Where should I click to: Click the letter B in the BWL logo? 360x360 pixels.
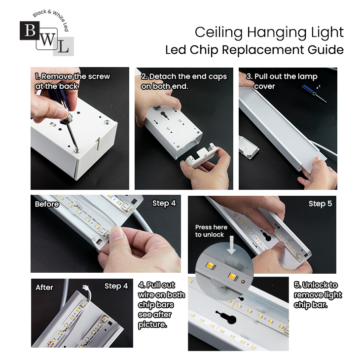click(30, 31)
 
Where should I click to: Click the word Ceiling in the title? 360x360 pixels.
click(219, 33)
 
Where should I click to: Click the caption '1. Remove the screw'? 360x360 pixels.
click(72, 76)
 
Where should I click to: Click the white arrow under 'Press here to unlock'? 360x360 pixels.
click(231, 245)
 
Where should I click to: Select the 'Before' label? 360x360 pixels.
click(47, 204)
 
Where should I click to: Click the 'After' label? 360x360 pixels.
click(44, 288)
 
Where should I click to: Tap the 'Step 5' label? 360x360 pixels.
click(320, 204)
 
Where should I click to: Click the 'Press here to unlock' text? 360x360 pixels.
click(211, 231)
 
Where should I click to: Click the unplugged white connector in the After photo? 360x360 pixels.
click(86, 287)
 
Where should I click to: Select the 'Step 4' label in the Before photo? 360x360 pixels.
click(164, 203)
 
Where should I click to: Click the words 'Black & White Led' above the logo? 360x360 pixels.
click(52, 19)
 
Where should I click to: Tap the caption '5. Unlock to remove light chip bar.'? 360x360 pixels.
click(318, 295)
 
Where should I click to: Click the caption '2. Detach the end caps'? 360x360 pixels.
click(184, 76)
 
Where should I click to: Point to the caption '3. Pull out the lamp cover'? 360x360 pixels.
click(282, 81)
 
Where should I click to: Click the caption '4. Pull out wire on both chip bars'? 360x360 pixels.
click(161, 300)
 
